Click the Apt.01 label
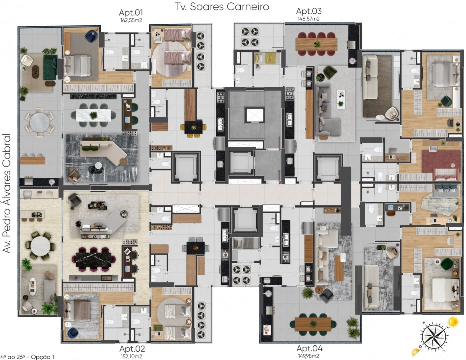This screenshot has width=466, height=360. coord(131,13)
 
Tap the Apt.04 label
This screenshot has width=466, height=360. coord(309,348)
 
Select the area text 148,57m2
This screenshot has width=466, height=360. coord(309,19)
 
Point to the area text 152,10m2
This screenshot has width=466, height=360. coord(131,356)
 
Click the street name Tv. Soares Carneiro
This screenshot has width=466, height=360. coord(222,6)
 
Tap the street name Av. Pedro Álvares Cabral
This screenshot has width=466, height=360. coord(6,194)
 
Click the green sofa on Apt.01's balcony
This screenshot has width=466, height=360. coord(50,67)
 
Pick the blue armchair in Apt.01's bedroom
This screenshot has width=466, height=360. coord(91,36)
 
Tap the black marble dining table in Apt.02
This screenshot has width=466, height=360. coord(94,259)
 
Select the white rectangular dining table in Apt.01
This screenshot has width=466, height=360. coord(93,115)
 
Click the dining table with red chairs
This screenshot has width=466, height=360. coord(316,44)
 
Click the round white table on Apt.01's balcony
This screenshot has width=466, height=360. coord(40,123)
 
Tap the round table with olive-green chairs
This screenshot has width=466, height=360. coord(40,246)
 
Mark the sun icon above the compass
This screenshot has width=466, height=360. coord(453,321)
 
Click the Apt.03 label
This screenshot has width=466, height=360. coord(309,11)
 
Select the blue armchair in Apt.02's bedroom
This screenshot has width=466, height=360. coord(73,333)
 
